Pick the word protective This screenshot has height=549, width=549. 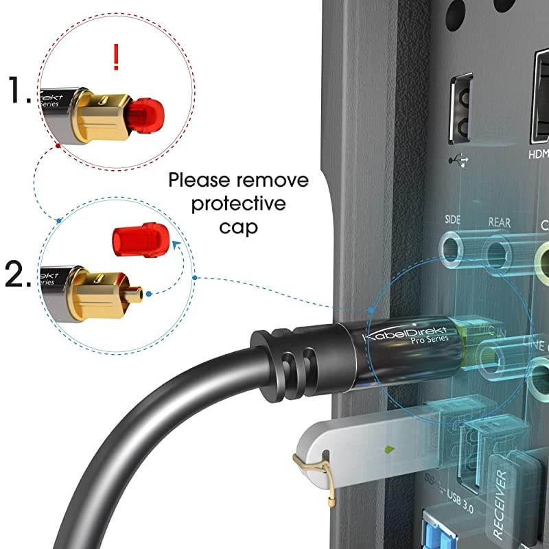(x=238, y=204)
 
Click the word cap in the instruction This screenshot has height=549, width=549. (x=239, y=226)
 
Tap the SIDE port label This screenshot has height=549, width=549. (x=452, y=221)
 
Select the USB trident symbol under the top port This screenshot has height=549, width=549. (x=458, y=159)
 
